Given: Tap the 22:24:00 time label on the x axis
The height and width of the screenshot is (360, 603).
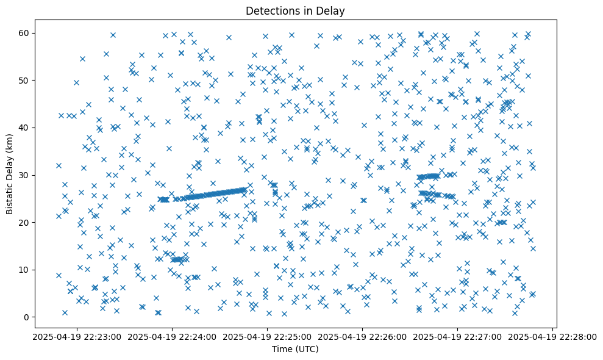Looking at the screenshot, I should tap(173, 336).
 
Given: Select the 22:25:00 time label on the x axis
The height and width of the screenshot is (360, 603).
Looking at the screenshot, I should tap(268, 336).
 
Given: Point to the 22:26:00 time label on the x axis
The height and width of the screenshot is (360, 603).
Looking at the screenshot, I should tap(363, 336).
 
